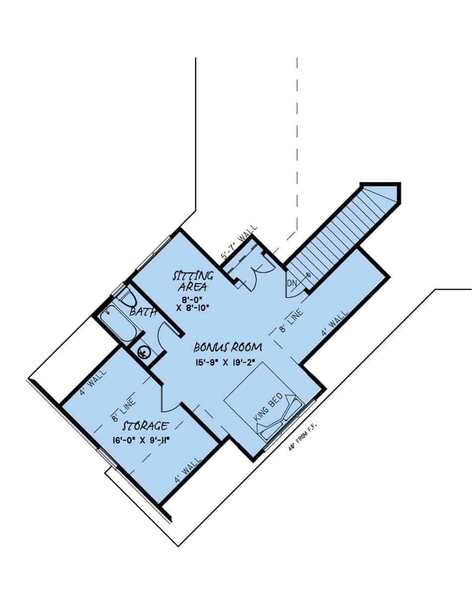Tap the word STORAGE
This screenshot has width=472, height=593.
tap(146, 426)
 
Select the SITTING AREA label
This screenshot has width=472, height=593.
tap(193, 281)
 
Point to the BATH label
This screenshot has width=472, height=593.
tap(143, 312)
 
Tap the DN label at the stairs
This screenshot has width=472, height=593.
tap(292, 283)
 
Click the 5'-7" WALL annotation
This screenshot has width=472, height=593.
tap(239, 243)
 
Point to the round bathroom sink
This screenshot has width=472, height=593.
tap(143, 352)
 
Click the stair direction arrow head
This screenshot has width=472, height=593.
tap(308, 274)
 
